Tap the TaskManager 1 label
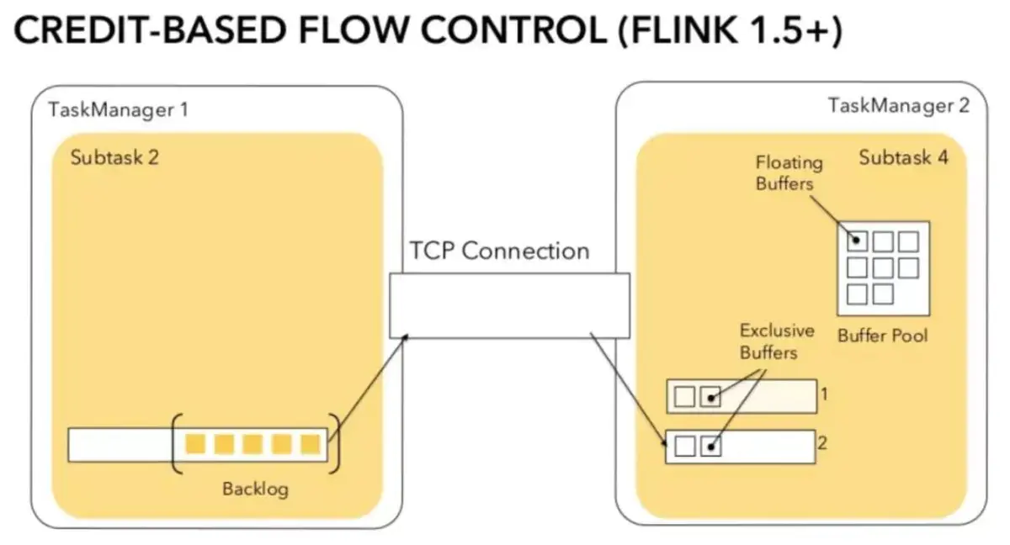(x=118, y=109)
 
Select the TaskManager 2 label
(x=898, y=105)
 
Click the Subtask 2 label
(x=114, y=157)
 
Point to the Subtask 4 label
(x=903, y=157)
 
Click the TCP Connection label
(x=499, y=251)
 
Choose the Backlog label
(x=254, y=488)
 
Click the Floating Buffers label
(x=789, y=172)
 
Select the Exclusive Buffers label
(x=776, y=341)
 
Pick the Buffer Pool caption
(x=882, y=335)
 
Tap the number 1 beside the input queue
(x=826, y=392)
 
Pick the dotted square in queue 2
(x=711, y=446)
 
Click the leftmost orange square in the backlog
(x=195, y=444)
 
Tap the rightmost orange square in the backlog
(x=311, y=444)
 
